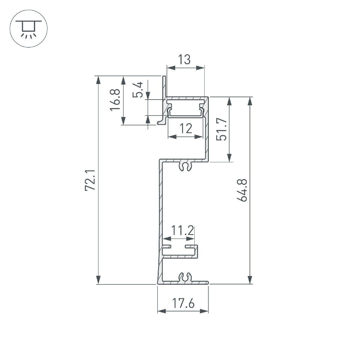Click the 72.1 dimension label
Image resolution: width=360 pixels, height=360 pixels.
click(x=90, y=180)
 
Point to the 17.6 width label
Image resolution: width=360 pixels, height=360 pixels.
click(x=183, y=303)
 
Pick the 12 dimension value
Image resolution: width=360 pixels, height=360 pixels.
click(x=186, y=129)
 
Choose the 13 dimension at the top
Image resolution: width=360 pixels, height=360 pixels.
click(x=185, y=60)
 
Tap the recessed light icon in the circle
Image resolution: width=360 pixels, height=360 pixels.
click(x=29, y=29)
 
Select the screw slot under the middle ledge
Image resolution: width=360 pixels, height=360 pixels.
click(x=185, y=166)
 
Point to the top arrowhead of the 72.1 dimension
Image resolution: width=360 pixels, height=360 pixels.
click(x=98, y=80)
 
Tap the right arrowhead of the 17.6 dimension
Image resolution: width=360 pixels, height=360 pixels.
click(x=205, y=311)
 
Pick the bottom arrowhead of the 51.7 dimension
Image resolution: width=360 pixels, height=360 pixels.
click(x=229, y=158)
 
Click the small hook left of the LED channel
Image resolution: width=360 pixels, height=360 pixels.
click(x=161, y=121)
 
